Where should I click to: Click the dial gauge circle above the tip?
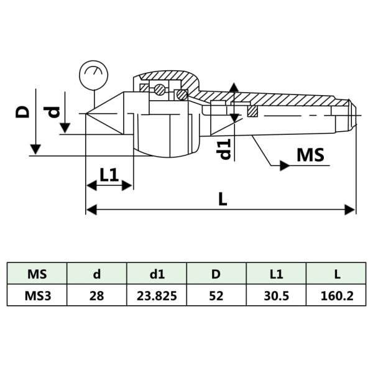coord(93,75)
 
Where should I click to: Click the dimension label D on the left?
coord(23,111)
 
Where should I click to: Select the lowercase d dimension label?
coord(55,112)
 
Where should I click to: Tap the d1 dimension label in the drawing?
coord(225,149)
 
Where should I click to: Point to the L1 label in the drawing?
coord(109,175)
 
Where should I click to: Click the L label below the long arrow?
coord(223,199)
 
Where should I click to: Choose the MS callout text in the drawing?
coord(310,155)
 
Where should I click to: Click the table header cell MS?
coord(37,274)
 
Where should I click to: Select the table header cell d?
coord(96,274)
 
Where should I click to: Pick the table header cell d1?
coord(157,274)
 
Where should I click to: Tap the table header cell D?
coord(216,274)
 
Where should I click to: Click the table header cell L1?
coord(276,274)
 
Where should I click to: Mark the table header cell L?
coord(336,274)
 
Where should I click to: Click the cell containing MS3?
coord(37,296)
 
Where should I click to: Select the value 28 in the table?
coord(96,296)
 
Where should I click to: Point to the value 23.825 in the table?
coord(157,296)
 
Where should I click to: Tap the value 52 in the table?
coord(216,296)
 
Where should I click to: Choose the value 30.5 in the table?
coord(276,296)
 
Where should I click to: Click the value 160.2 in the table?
coord(336,296)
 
